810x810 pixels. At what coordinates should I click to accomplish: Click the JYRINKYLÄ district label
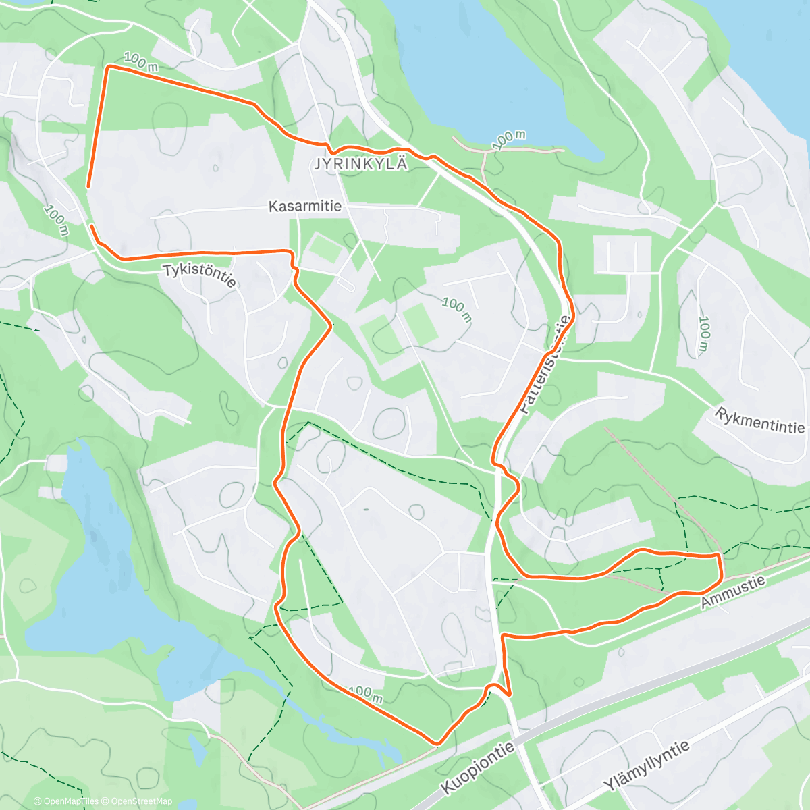(x=361, y=164)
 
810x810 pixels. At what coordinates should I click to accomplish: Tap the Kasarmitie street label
(x=305, y=206)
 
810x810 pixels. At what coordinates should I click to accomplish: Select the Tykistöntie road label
(x=199, y=275)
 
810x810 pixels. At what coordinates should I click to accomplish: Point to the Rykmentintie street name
(x=760, y=421)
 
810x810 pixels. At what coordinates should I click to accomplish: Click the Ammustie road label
(x=733, y=592)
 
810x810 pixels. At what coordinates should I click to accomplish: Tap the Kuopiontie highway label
(x=479, y=769)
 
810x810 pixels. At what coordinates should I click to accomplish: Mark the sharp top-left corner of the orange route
(x=107, y=66)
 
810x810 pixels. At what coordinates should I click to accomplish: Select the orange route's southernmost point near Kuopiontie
(x=437, y=745)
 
